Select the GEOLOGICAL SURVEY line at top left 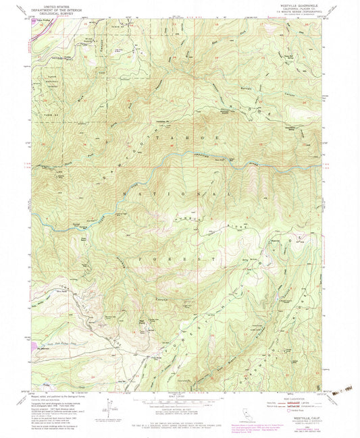point(59,16)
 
